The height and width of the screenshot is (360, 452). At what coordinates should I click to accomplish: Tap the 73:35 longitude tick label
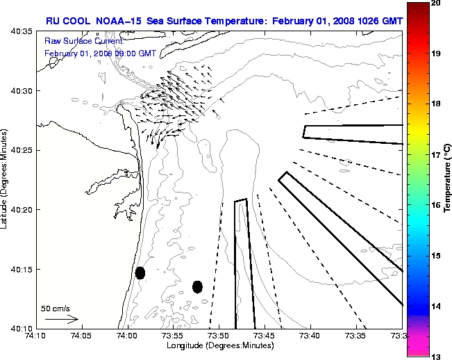pyautogui.click(x=356, y=336)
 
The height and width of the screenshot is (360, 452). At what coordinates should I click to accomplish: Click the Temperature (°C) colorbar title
pyautogui.click(x=449, y=180)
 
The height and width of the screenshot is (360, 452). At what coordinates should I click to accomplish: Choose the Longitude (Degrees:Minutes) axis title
pyautogui.click(x=219, y=345)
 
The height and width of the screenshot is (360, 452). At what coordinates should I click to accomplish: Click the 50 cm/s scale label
pyautogui.click(x=55, y=307)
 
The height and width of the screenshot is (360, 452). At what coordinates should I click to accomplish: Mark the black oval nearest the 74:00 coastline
pyautogui.click(x=140, y=272)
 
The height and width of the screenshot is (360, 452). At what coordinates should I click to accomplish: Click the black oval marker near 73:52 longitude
pyautogui.click(x=197, y=286)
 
